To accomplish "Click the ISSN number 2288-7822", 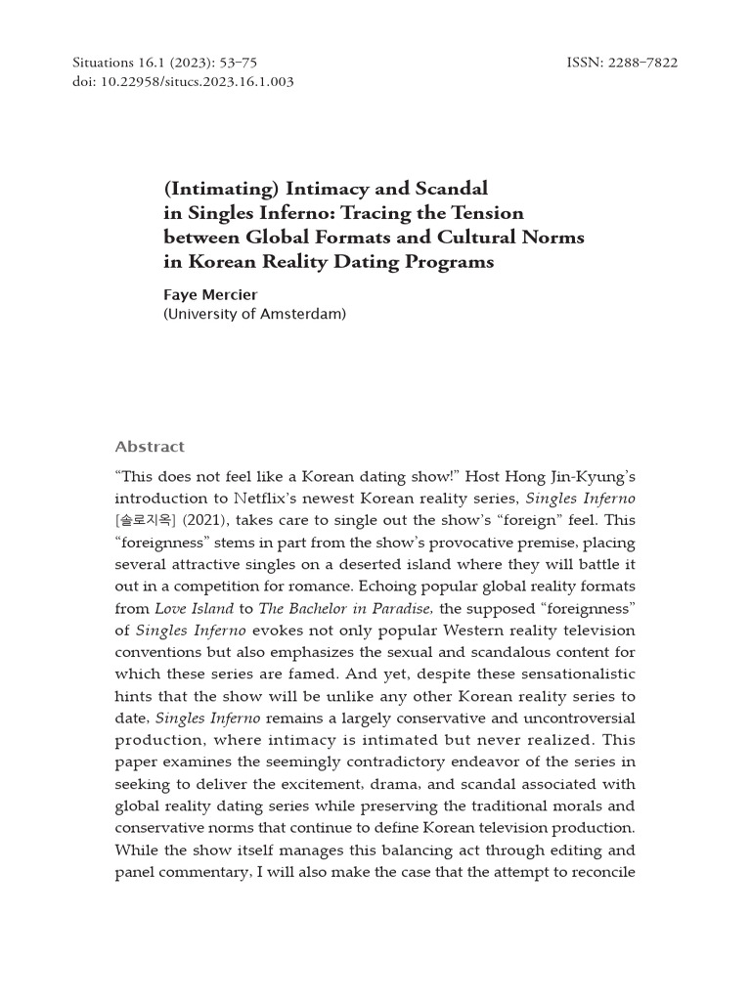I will [x=643, y=64].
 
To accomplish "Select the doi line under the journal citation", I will [x=183, y=82].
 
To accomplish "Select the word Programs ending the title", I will [x=446, y=261].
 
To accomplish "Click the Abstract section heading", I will [x=150, y=447].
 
